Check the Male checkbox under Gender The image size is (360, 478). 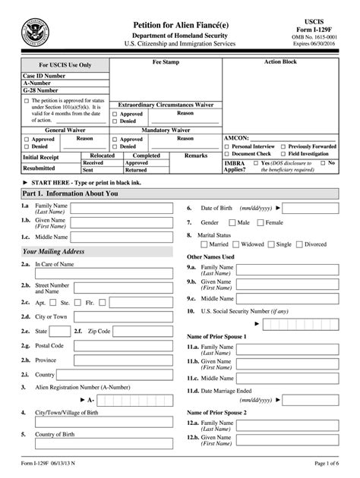coord(233,223)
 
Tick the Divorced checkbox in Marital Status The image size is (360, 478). coord(300,244)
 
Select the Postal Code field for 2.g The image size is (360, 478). coord(121,346)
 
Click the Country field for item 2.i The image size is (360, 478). coord(121,374)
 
